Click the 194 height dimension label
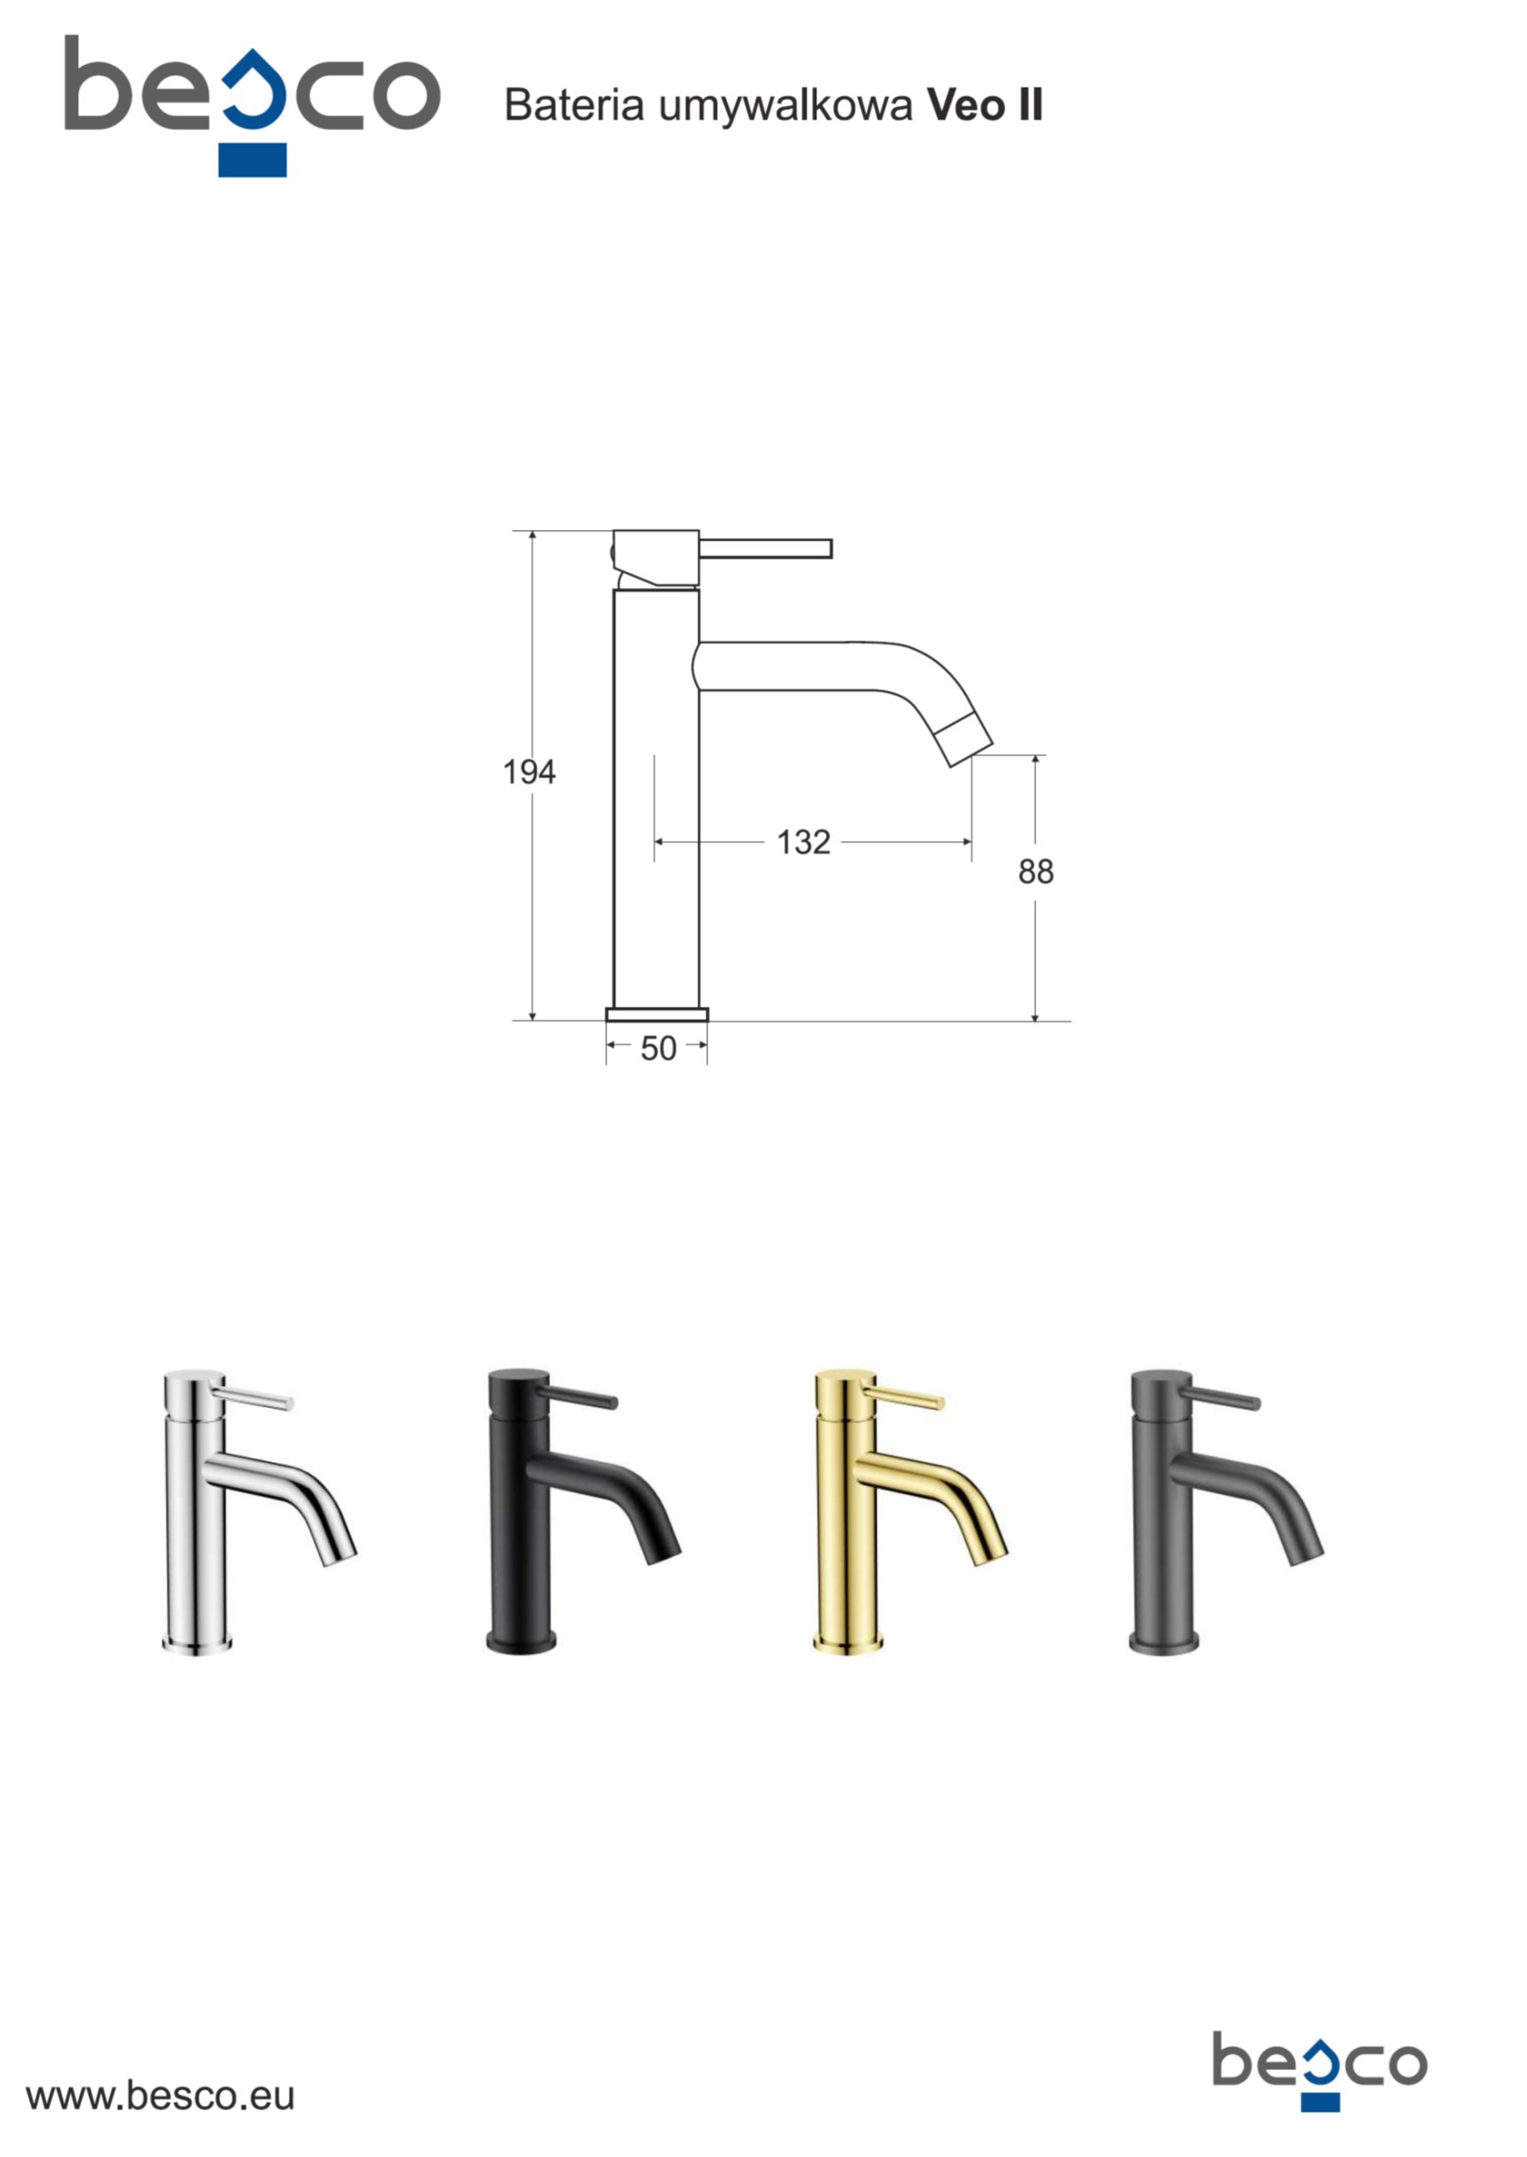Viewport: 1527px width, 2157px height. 529,772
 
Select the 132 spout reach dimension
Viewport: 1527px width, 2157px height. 804,843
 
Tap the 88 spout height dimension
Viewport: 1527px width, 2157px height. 1035,872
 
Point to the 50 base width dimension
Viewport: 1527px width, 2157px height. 658,1048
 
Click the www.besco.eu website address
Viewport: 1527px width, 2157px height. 160,2096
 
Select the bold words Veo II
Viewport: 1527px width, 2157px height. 986,105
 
